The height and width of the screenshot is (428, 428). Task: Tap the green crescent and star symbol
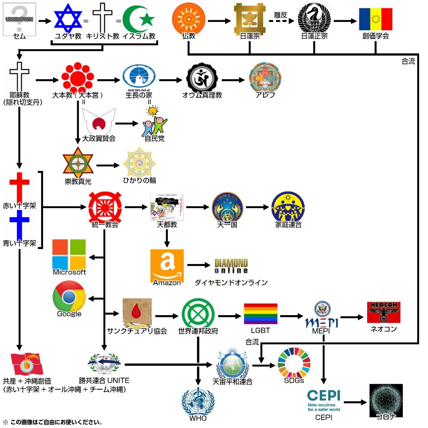point(139,19)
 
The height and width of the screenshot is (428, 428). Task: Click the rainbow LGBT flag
point(261,314)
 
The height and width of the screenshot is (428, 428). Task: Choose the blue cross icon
point(19,224)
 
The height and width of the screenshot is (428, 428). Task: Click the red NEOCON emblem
point(384,312)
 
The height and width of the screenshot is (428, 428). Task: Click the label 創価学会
point(376,36)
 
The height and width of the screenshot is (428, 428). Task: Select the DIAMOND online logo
point(231,266)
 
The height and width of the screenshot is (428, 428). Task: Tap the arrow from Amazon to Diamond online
point(199,265)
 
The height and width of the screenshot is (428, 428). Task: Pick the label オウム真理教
point(202,95)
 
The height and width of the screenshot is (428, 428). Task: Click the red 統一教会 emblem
point(105,207)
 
